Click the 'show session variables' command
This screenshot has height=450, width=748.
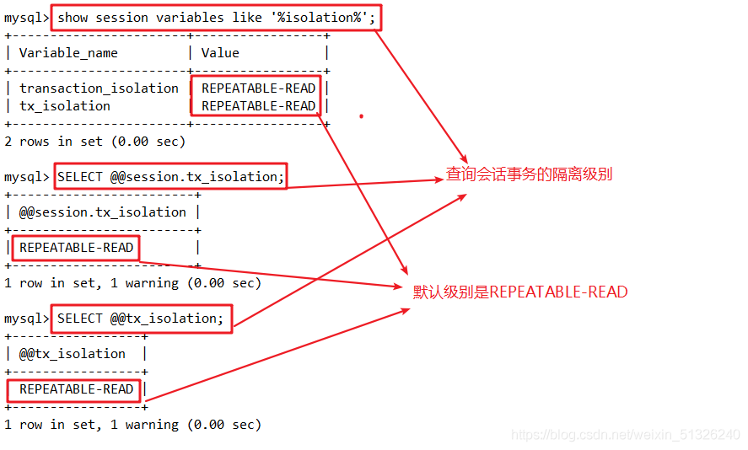pos(216,18)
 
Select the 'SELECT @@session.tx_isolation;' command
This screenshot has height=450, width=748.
pos(171,177)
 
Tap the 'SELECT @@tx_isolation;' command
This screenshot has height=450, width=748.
pos(141,319)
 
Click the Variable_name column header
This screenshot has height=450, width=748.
pos(68,53)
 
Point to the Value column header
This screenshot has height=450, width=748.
pos(220,53)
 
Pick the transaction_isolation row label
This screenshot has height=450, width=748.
pos(99,88)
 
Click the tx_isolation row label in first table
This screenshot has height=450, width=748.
pos(65,106)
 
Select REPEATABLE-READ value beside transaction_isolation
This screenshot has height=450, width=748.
pos(258,88)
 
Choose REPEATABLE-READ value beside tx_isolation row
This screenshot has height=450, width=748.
pos(258,106)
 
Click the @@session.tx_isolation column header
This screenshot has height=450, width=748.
pos(103,212)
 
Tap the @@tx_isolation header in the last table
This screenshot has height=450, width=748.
pos(73,354)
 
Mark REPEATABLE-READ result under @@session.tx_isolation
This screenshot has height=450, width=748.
pos(76,248)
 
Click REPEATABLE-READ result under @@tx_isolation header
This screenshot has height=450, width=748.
pos(76,389)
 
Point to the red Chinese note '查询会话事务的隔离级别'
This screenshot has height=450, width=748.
pos(529,175)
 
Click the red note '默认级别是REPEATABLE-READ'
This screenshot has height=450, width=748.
pos(520,292)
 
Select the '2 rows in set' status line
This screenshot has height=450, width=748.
pos(94,142)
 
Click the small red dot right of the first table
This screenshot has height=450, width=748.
pos(361,116)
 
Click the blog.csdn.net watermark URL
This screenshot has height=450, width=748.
pos(626,435)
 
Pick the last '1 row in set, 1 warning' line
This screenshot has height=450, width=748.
pos(132,425)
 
